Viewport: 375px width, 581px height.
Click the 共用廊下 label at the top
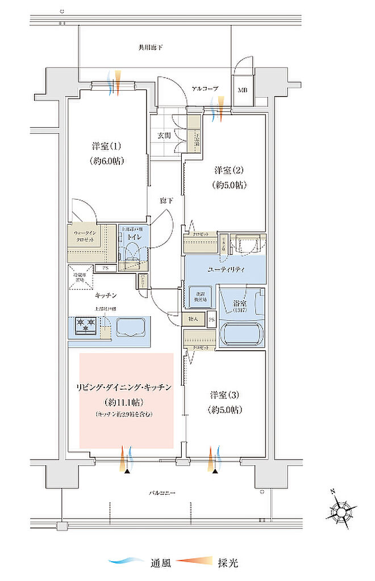pyautogui.click(x=150, y=48)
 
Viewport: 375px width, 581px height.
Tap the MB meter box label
pyautogui.click(x=243, y=90)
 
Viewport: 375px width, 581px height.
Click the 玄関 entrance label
pyautogui.click(x=164, y=135)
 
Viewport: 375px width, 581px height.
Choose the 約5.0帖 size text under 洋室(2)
pyautogui.click(x=231, y=185)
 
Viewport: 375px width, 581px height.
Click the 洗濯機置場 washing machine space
pyautogui.click(x=198, y=296)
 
